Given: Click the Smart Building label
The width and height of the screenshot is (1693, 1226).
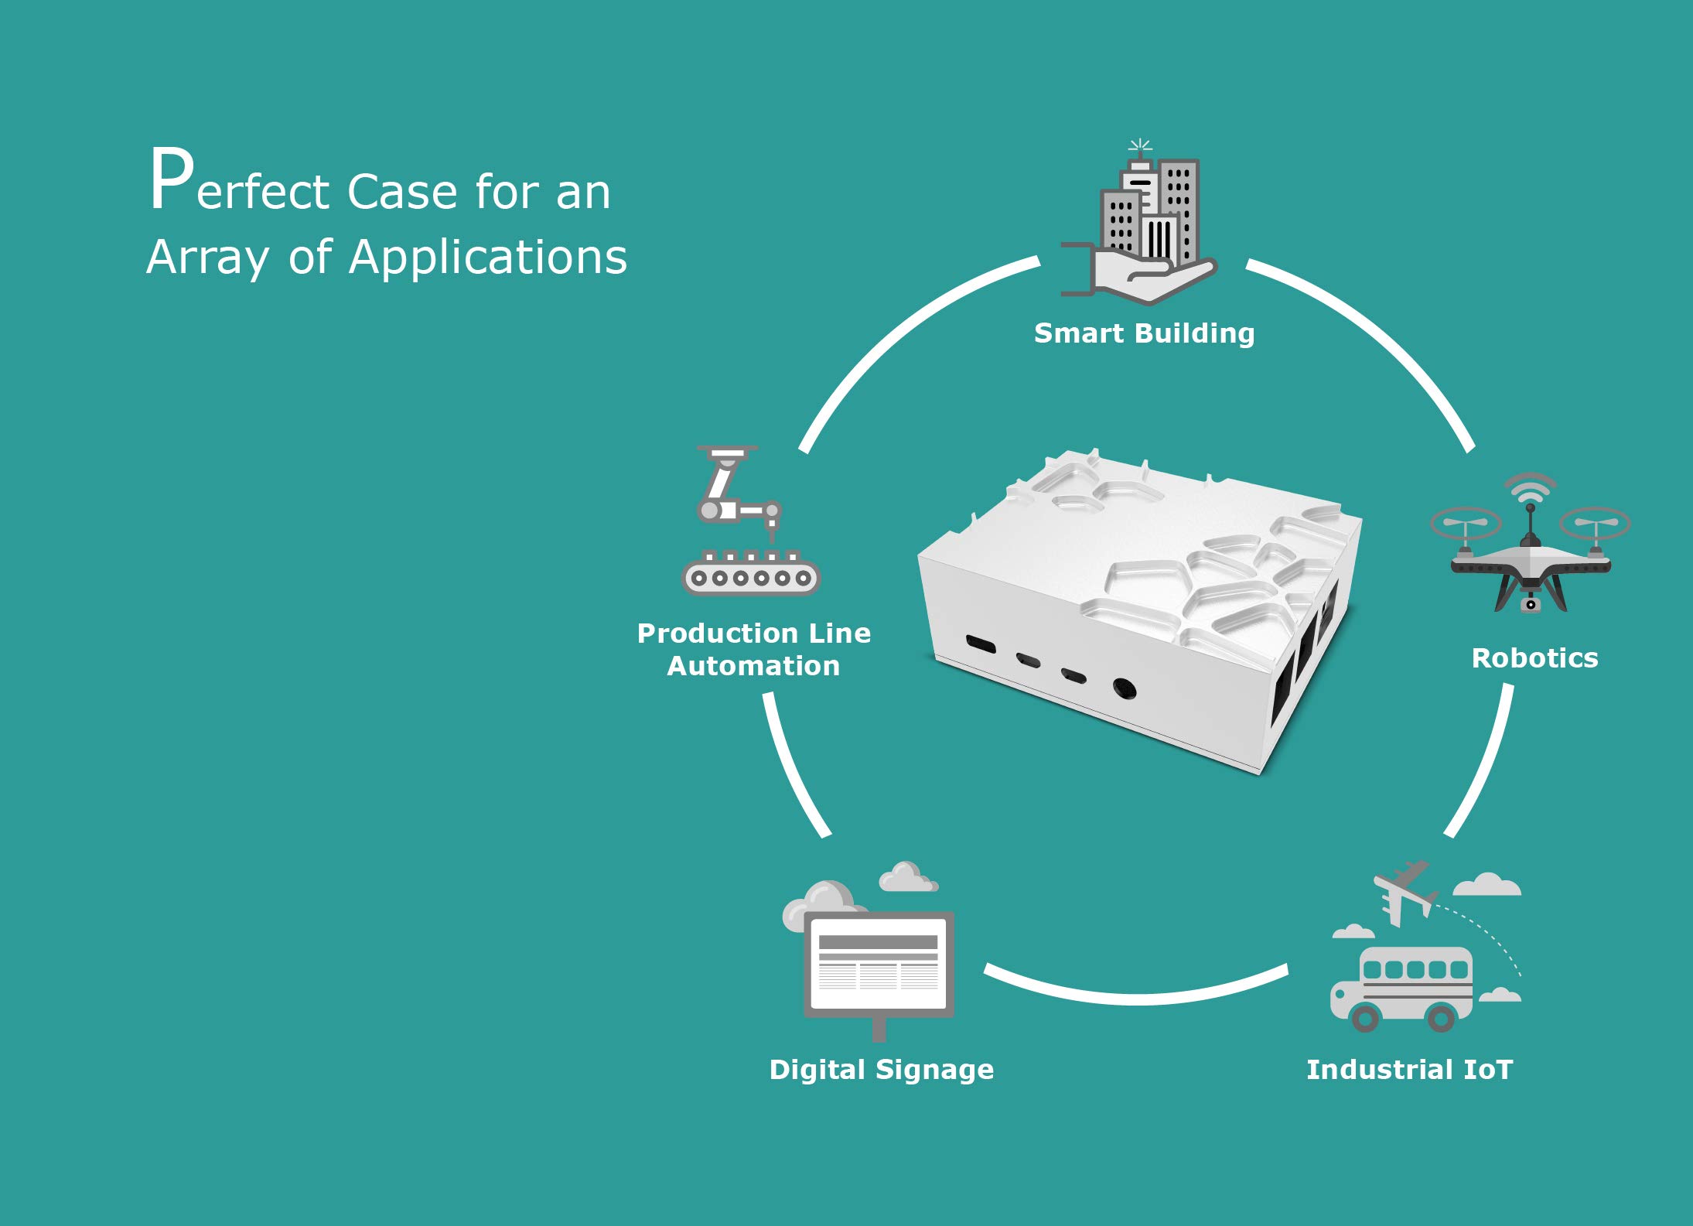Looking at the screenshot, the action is tap(1144, 333).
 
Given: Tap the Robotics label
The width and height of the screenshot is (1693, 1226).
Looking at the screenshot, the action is tap(1534, 658).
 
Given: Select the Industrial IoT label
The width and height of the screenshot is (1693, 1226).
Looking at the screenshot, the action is tap(1409, 1070).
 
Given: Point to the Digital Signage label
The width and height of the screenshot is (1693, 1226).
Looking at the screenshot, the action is tap(881, 1071).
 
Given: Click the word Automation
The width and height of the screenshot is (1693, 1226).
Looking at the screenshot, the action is tap(753, 666).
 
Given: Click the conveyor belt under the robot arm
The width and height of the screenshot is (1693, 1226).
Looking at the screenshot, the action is tap(750, 574).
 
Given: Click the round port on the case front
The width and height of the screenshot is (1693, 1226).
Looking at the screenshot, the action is tap(1124, 688).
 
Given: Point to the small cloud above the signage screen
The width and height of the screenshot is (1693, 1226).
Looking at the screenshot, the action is tap(908, 877).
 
